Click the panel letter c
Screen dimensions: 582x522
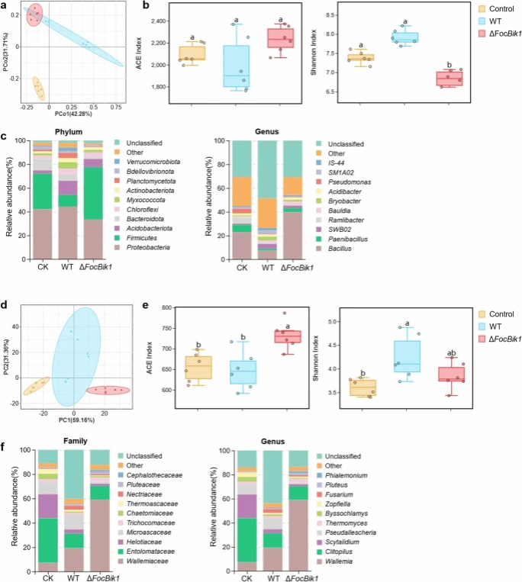(5, 136)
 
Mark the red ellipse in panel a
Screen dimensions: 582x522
(33, 14)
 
